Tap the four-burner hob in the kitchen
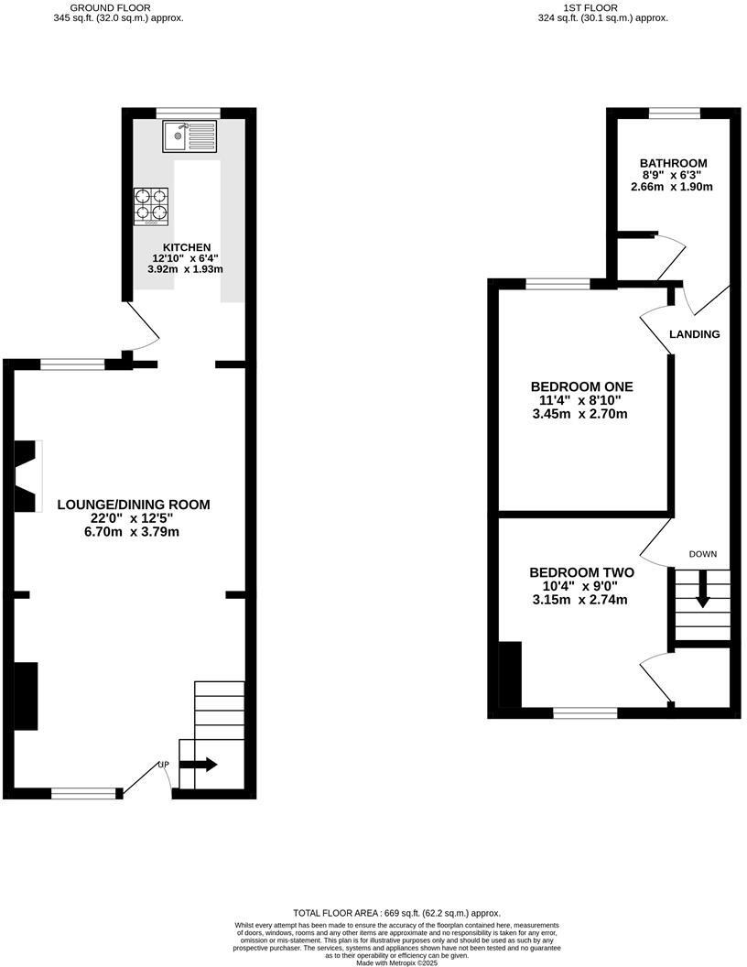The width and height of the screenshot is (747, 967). pyautogui.click(x=152, y=205)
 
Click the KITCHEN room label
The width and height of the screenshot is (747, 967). pyautogui.click(x=187, y=247)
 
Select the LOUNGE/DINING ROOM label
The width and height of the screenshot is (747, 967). pyautogui.click(x=134, y=505)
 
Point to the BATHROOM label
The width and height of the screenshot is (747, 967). pyautogui.click(x=673, y=164)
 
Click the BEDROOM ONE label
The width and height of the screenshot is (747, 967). pyautogui.click(x=581, y=386)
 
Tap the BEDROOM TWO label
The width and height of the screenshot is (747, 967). pyautogui.click(x=581, y=572)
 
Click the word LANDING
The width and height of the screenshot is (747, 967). pyautogui.click(x=694, y=334)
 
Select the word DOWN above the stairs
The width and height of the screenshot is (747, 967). pyautogui.click(x=703, y=554)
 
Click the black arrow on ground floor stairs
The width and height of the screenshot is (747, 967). pyautogui.click(x=202, y=764)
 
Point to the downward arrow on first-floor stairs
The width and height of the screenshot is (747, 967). pyautogui.click(x=703, y=588)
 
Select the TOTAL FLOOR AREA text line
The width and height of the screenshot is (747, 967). pyautogui.click(x=397, y=913)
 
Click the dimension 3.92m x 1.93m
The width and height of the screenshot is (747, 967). pyautogui.click(x=187, y=269)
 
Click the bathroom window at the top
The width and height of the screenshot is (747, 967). pyautogui.click(x=675, y=113)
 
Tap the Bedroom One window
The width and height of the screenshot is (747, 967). pyautogui.click(x=558, y=284)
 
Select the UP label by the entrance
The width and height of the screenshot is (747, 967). pyautogui.click(x=164, y=765)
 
